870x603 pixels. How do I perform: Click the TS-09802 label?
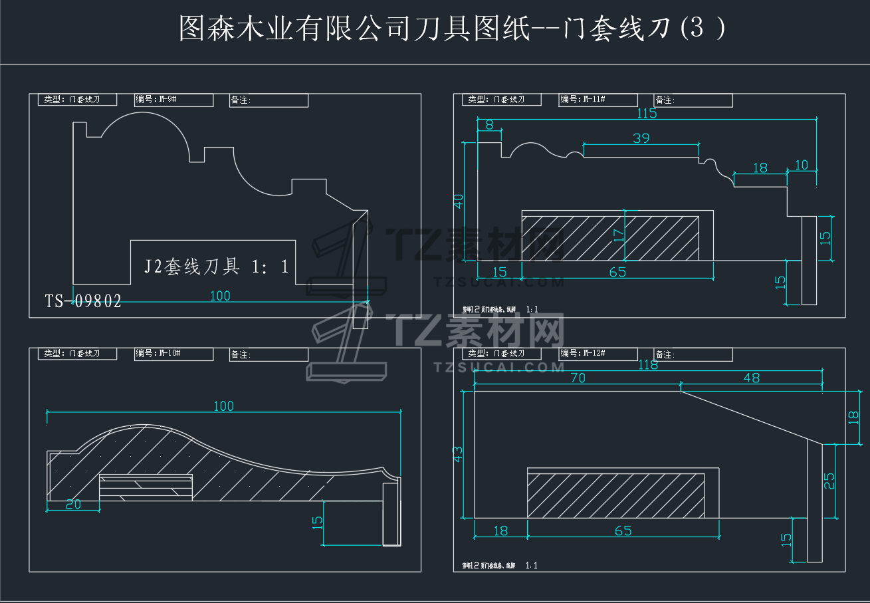(83, 301)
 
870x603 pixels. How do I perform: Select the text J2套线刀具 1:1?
(217, 267)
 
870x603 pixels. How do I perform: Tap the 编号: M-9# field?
(173, 100)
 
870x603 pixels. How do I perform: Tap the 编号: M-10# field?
(173, 354)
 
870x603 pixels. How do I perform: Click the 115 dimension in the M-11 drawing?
(646, 113)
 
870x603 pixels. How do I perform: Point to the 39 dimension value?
(641, 138)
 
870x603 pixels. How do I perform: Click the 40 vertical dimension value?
(458, 201)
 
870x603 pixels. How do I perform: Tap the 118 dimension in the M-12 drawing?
(648, 365)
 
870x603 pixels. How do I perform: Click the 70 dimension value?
(578, 378)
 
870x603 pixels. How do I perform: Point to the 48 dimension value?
(751, 378)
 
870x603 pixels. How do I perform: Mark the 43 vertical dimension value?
(458, 454)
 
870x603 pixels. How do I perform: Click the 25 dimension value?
(829, 480)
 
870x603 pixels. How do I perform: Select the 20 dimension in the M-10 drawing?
(73, 505)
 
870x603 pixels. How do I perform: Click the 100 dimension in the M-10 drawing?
(224, 406)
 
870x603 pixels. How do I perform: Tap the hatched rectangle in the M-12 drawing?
(615, 495)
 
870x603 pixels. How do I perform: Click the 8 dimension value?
(489, 124)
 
